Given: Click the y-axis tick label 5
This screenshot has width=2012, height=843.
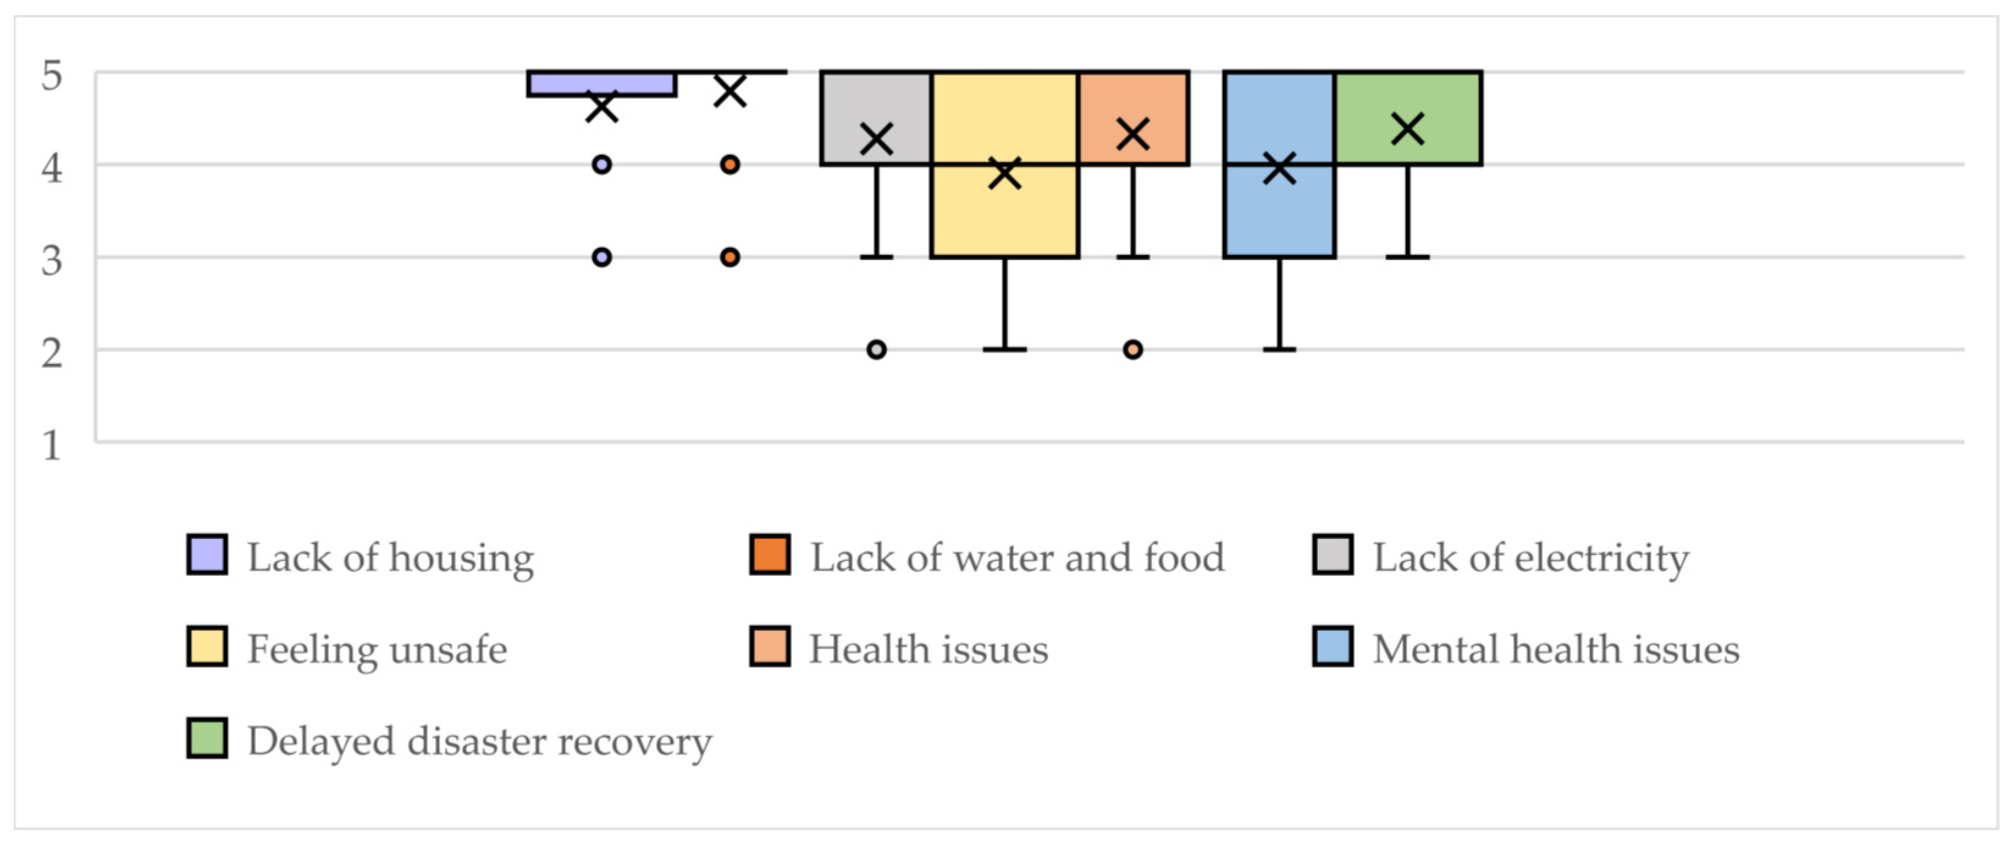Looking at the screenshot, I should click(51, 76).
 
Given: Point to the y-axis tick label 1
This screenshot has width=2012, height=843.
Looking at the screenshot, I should click(51, 446).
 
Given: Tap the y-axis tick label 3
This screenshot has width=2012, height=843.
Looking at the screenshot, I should click(51, 260).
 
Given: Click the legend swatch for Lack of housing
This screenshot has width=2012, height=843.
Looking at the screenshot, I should click(207, 555).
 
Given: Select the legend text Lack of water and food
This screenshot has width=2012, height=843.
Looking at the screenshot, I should click(1017, 558).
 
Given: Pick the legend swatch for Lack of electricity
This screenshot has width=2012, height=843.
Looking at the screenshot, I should click(1333, 555).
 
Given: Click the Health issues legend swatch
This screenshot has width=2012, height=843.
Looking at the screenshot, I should click(769, 646).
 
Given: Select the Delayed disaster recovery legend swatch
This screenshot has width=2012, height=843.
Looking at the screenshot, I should click(207, 738).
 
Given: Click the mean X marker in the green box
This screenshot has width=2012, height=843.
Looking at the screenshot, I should click(1408, 129).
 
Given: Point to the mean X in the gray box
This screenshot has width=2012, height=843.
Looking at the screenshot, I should click(877, 140).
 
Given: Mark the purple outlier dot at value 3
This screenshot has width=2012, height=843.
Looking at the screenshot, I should click(601, 257).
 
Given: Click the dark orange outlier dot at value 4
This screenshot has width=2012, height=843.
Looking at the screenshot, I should click(729, 165).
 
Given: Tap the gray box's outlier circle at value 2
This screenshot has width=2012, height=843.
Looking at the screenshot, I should click(877, 349).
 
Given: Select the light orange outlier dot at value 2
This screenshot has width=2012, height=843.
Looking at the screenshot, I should click(1132, 349).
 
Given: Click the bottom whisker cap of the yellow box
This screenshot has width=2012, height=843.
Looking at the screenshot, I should click(1004, 349).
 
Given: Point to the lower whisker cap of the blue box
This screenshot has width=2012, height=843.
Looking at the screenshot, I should click(1279, 349).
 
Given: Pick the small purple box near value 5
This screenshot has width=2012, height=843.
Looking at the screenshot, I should click(601, 84).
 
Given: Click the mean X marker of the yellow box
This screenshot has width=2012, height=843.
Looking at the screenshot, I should click(1004, 173).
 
